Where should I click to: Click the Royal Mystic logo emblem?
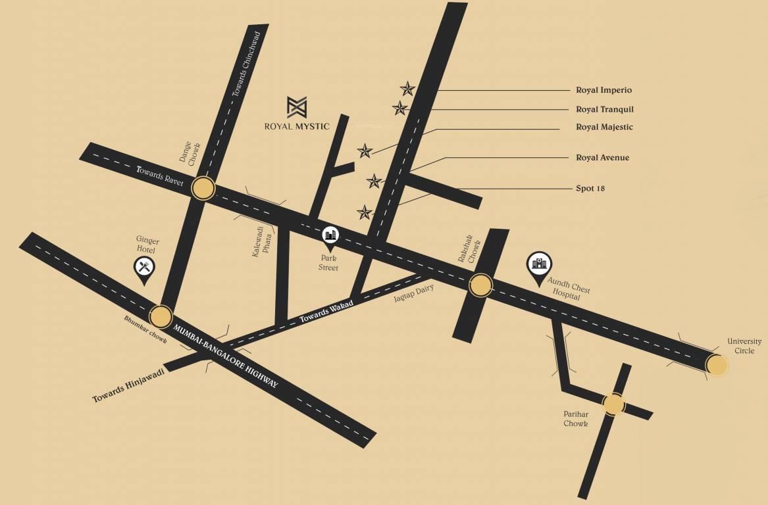point(297,107)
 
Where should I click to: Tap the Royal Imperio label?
point(603,90)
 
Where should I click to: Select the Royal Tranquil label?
point(604,109)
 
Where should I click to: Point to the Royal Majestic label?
point(604,127)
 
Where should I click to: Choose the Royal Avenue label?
point(602,158)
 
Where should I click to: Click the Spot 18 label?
point(590,189)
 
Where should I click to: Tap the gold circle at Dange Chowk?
point(203,189)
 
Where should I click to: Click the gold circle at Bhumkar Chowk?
point(161,317)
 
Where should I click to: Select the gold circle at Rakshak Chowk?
point(480,285)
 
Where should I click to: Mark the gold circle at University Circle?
point(717,364)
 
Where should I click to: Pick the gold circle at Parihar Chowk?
point(613,404)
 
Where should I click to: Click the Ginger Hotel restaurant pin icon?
point(145,267)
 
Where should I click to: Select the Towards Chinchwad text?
point(247,64)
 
